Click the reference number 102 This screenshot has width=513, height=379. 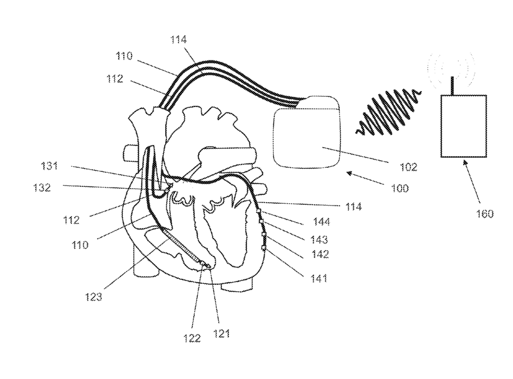pyautogui.click(x=409, y=167)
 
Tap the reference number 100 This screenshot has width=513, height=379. pyautogui.click(x=400, y=189)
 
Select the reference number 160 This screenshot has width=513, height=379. pyautogui.click(x=485, y=213)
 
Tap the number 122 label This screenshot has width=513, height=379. pyautogui.click(x=192, y=338)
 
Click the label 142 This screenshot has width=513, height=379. pyautogui.click(x=320, y=254)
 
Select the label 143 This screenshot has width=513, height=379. pyautogui.click(x=320, y=239)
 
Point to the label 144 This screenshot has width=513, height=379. pyautogui.click(x=322, y=222)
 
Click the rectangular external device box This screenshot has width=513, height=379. pyautogui.click(x=463, y=126)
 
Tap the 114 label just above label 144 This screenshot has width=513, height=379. pyautogui.click(x=354, y=207)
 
